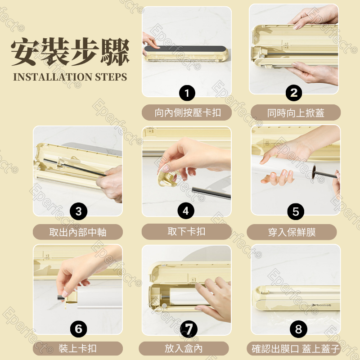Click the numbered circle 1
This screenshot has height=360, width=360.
[187, 93]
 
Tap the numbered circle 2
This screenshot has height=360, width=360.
[294, 93]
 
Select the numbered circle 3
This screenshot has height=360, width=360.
[78, 211]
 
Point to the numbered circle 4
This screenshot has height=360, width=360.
[186, 211]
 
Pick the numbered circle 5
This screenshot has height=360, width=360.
[296, 211]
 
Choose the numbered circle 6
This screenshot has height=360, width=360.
[78, 329]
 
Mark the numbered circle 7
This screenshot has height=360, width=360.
[189, 329]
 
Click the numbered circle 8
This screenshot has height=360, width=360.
[298, 329]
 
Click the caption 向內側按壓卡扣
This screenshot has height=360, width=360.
[188, 113]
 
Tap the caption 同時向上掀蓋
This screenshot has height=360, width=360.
[296, 113]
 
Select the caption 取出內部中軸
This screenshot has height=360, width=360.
[78, 232]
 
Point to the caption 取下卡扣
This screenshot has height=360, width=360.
[186, 231]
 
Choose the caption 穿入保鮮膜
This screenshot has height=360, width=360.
[292, 232]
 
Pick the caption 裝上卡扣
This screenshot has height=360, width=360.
[77, 348]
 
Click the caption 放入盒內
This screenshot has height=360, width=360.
[184, 348]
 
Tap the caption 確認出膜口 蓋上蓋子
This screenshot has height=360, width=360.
[296, 348]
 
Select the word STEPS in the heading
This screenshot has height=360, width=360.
[111, 77]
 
